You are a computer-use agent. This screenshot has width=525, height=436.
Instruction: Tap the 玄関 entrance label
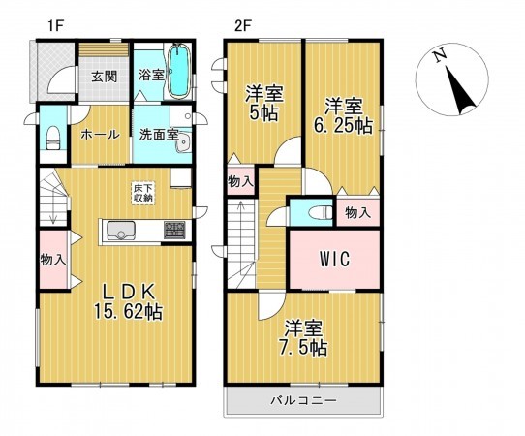point(105,77)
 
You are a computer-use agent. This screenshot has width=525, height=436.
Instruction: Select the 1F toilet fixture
point(53,138)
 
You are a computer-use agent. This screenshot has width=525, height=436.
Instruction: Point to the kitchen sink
point(121,230)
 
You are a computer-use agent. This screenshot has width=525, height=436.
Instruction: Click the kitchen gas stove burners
point(174,230)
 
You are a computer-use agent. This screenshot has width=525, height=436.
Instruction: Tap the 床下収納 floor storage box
point(143,193)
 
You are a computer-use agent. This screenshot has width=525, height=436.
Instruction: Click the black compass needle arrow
point(460,90)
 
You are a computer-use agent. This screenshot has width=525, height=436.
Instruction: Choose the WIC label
point(334,259)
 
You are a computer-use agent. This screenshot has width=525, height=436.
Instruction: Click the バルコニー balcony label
point(303,400)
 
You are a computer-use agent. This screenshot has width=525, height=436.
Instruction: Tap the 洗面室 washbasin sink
point(183,143)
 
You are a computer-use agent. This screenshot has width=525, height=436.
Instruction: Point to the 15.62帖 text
point(128,312)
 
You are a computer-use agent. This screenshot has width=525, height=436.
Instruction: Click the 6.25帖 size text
point(343,126)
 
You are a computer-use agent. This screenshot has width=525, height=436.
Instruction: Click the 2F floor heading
point(243,26)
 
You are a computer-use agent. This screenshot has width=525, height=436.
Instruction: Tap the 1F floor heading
point(55,26)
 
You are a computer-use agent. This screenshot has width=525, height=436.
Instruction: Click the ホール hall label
point(100,135)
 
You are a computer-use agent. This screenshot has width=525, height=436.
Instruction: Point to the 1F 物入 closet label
point(53,260)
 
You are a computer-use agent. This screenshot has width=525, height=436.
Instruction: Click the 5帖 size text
point(263,113)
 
